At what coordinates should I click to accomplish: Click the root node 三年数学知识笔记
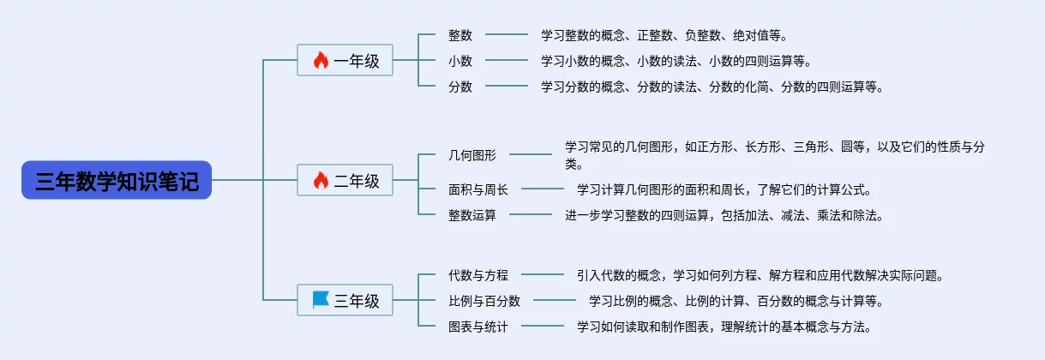(x=117, y=181)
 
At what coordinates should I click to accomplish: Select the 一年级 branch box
(x=345, y=61)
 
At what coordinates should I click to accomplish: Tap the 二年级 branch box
(x=345, y=181)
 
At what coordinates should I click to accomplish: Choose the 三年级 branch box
(x=345, y=301)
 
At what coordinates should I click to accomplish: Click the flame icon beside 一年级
(x=321, y=60)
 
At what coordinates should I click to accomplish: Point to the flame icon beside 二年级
(x=321, y=180)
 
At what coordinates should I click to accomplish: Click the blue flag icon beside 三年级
(x=321, y=300)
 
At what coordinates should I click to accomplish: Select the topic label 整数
(x=460, y=35)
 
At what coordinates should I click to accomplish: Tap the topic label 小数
(x=460, y=61)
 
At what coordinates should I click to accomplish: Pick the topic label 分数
(x=460, y=87)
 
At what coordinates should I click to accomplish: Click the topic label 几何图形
(x=472, y=155)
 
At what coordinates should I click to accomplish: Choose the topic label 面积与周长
(x=478, y=189)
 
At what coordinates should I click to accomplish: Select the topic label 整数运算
(x=472, y=215)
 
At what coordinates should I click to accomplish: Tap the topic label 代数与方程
(x=478, y=275)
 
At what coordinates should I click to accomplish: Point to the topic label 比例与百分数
(x=484, y=301)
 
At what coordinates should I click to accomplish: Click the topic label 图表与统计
(x=478, y=327)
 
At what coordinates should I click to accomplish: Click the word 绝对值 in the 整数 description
(x=751, y=35)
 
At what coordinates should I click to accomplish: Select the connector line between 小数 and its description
(x=507, y=61)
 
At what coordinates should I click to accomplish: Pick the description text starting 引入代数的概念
(x=760, y=275)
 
